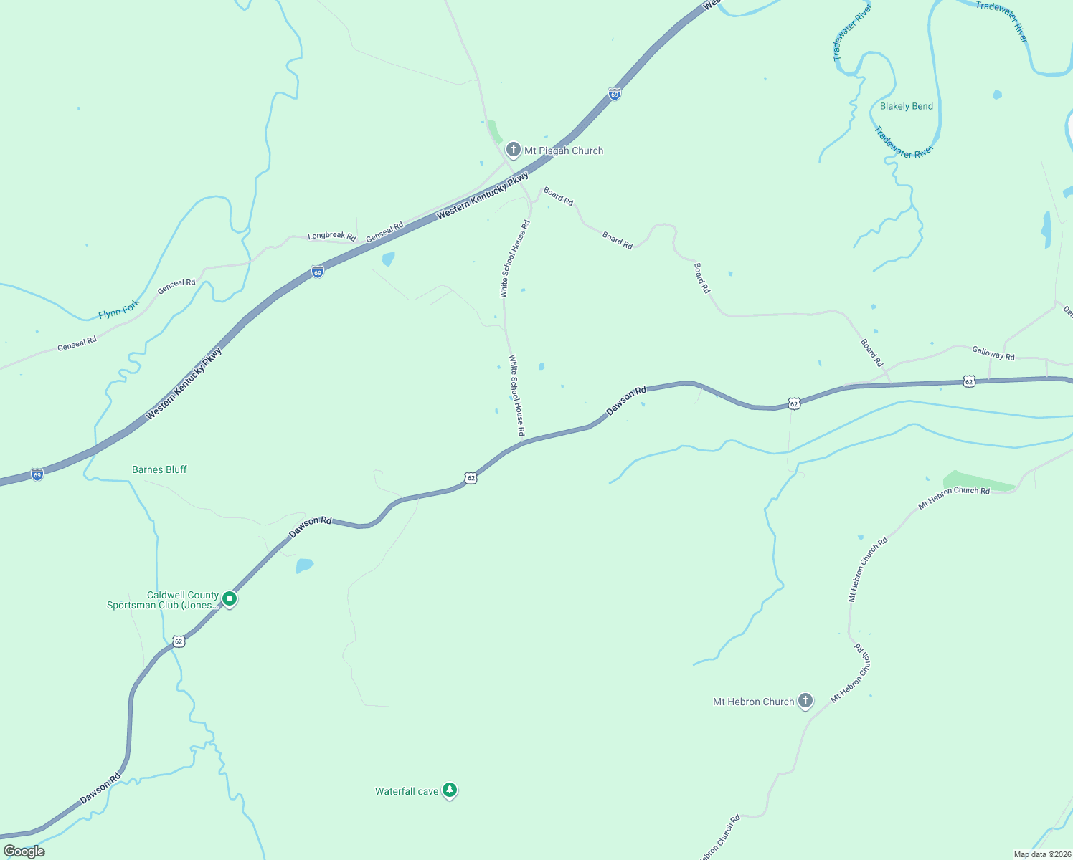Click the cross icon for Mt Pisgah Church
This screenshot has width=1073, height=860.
point(513,150)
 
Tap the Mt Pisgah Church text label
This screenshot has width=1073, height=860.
point(564,150)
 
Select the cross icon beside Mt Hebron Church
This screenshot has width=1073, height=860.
point(805,701)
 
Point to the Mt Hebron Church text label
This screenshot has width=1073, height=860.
point(753,702)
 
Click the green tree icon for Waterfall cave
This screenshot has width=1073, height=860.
point(450,790)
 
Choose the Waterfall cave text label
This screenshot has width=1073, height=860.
point(406,791)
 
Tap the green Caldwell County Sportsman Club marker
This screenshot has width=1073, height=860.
point(230,598)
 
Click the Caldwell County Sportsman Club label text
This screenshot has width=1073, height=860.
point(163,600)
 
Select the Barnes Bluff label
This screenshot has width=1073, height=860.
point(159,469)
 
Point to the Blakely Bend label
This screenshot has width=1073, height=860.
point(906,106)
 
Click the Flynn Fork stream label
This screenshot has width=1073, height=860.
point(119,310)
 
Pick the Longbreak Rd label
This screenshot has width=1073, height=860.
point(331,236)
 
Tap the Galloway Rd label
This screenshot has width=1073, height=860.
point(993,353)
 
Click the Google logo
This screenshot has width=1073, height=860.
point(24,851)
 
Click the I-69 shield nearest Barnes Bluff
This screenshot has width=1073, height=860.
point(37,474)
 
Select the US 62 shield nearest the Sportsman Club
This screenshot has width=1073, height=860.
point(179,641)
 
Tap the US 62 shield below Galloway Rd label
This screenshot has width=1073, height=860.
point(969,381)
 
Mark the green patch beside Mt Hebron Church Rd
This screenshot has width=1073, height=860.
point(980,482)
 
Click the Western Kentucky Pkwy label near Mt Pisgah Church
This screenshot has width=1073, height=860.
point(483,195)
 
